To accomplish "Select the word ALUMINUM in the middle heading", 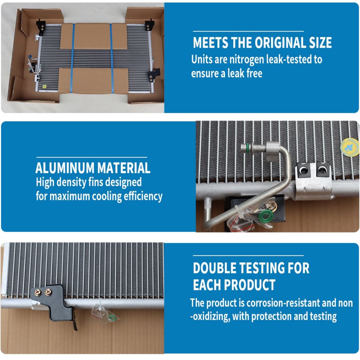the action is pos(65,168).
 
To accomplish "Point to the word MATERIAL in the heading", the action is pos(124,168).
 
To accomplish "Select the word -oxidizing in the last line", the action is pos(210,316).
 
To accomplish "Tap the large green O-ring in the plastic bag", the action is pos(266,216).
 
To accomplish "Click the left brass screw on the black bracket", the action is pos(38,292).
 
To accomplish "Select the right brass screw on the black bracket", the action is pos(49,292).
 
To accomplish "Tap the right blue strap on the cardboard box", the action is pos(112,58).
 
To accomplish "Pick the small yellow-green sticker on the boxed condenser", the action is pos(44,87).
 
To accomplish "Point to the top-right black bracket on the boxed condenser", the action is pos(150,25).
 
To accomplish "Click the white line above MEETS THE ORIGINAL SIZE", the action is pos(248,31).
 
